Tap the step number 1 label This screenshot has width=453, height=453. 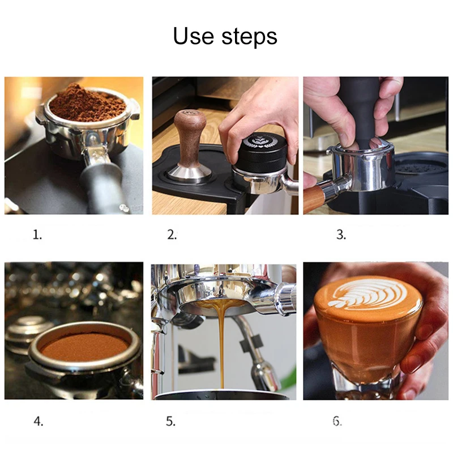[37, 235]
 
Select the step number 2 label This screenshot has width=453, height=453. [172, 235]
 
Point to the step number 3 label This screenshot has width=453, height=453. [341, 235]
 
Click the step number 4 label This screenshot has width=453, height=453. [38, 421]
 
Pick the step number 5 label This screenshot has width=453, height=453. [171, 421]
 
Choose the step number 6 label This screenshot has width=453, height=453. [337, 421]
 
